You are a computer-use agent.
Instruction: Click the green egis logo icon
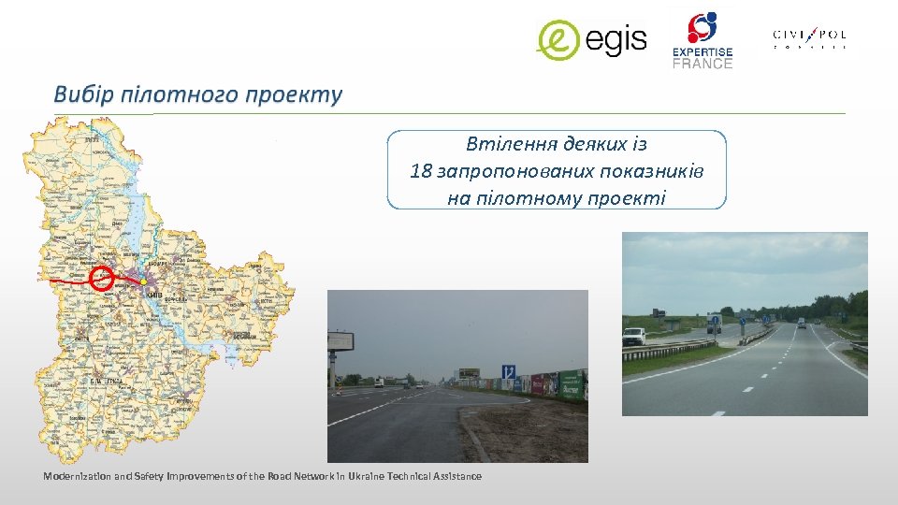[558, 39]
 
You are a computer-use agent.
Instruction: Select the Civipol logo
[809, 38]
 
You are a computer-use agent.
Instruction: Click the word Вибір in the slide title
[83, 94]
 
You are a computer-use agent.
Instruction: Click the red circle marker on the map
[102, 278]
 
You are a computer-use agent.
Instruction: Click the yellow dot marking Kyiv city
[142, 281]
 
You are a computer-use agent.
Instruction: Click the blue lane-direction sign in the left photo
[508, 371]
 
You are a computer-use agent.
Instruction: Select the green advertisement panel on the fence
[572, 382]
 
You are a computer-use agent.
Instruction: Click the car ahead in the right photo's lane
[801, 324]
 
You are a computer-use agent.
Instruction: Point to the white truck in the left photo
[378, 382]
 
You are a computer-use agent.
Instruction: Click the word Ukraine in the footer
[367, 477]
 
